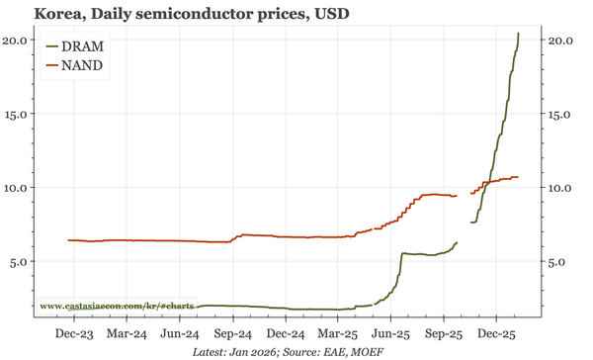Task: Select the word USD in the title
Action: coord(328,14)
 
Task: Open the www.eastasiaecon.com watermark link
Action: coord(117,307)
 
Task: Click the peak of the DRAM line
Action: coord(519,34)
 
